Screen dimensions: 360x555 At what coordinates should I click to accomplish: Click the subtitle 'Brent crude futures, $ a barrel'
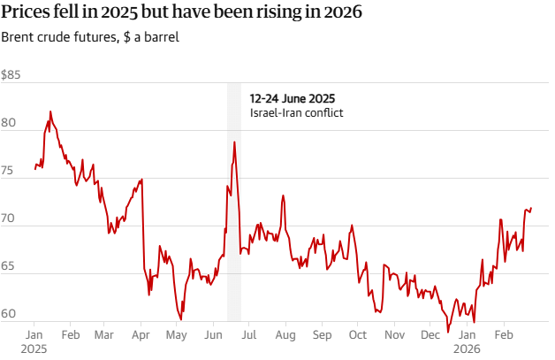coord(95,39)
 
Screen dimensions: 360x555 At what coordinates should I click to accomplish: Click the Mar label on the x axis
coord(104,335)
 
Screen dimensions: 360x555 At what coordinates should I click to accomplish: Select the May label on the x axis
coord(177,335)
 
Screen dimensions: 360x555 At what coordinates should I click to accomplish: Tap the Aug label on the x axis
coord(285,335)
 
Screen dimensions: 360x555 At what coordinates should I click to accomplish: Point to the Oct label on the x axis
coord(358,335)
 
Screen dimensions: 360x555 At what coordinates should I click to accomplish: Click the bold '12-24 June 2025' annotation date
coord(293,98)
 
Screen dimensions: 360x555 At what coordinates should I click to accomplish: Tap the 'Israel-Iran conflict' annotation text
coord(295,113)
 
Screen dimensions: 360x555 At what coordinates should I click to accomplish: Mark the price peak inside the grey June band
coord(234,142)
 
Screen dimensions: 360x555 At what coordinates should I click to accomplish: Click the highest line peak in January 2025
coord(50,111)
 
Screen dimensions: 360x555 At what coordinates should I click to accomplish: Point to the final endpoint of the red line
coord(531,208)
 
